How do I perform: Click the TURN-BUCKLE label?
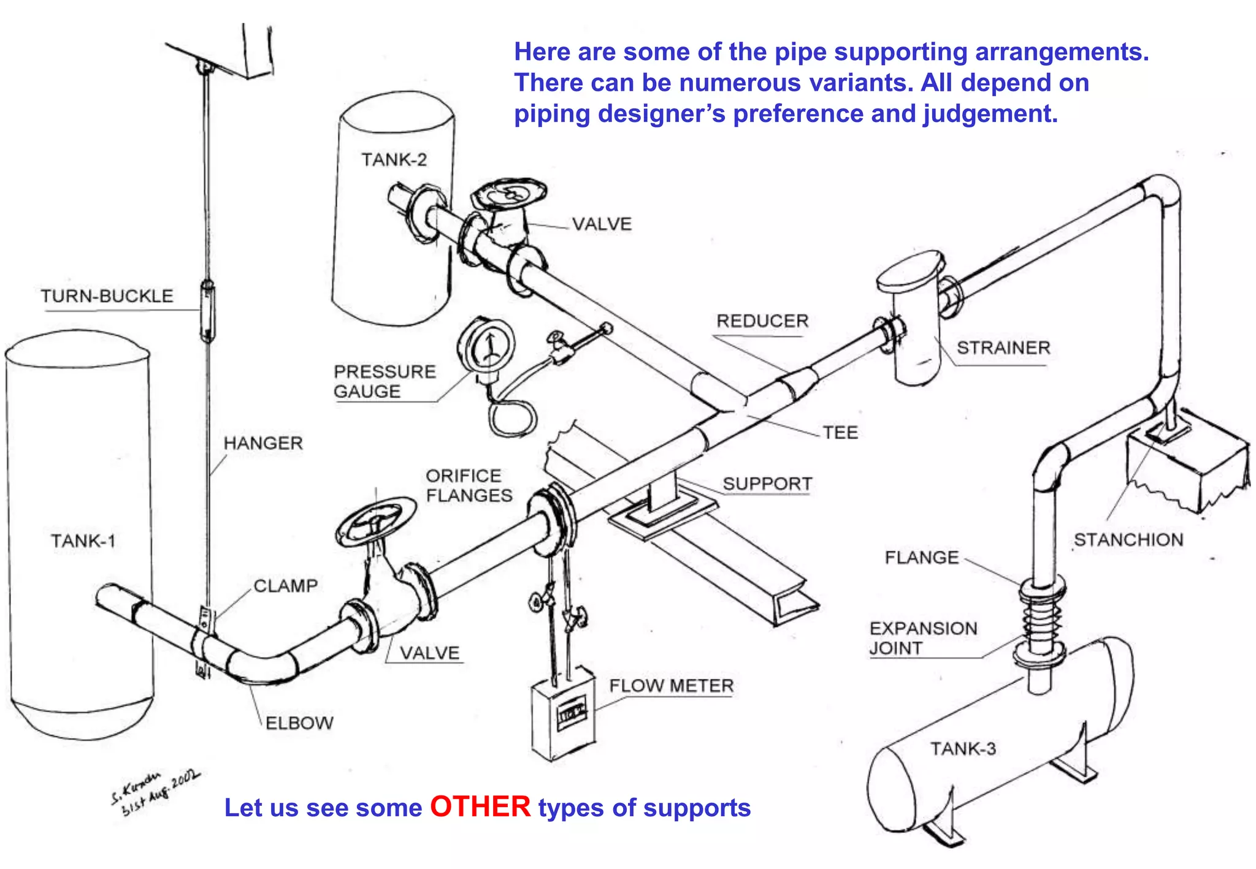(x=107, y=296)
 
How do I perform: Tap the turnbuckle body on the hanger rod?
(x=207, y=310)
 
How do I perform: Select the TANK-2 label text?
(x=394, y=160)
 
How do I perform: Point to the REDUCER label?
(x=762, y=321)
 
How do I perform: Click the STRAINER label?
(x=1003, y=348)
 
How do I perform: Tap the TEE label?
(x=840, y=433)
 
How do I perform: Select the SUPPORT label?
(x=767, y=484)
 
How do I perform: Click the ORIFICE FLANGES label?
(x=469, y=485)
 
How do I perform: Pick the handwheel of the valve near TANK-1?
(x=375, y=521)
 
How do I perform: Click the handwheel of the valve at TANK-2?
(x=509, y=193)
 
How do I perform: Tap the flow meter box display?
(x=571, y=713)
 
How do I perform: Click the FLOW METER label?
(x=671, y=686)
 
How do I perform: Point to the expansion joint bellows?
(x=1041, y=619)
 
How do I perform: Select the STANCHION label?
(x=1128, y=540)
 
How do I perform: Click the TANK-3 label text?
(x=963, y=749)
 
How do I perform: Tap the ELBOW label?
(x=299, y=723)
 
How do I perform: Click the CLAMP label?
(x=285, y=586)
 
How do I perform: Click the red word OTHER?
(x=480, y=806)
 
